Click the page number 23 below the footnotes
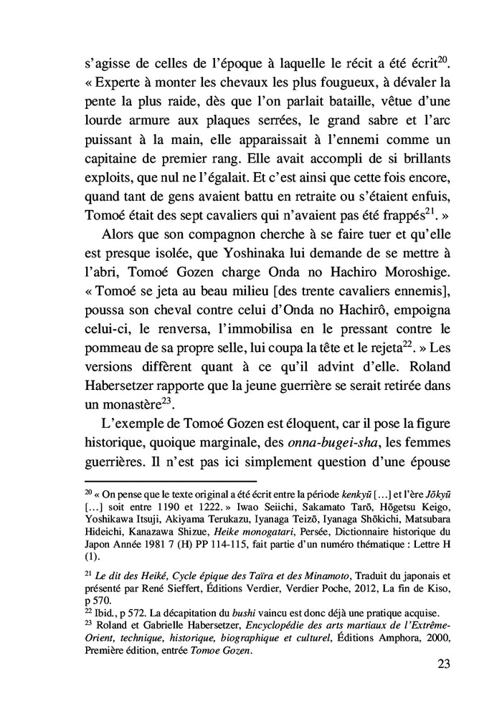pos(442,664)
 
